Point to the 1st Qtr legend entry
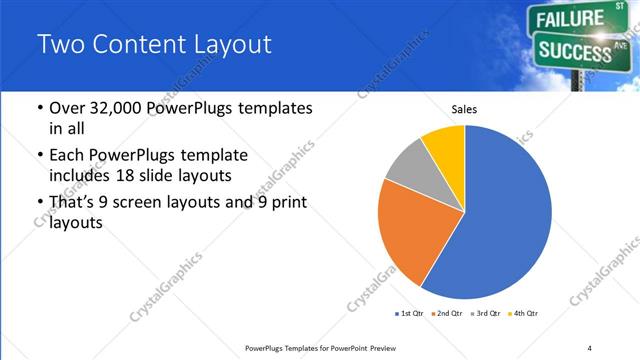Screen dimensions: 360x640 click(408, 313)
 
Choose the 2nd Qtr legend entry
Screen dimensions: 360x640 click(445, 313)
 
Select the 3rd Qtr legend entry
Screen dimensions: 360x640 click(484, 313)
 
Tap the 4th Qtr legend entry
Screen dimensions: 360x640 click(522, 313)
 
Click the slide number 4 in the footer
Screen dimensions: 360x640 click(589, 347)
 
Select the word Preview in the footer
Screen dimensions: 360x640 click(378, 347)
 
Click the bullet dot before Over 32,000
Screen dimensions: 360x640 click(38, 109)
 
